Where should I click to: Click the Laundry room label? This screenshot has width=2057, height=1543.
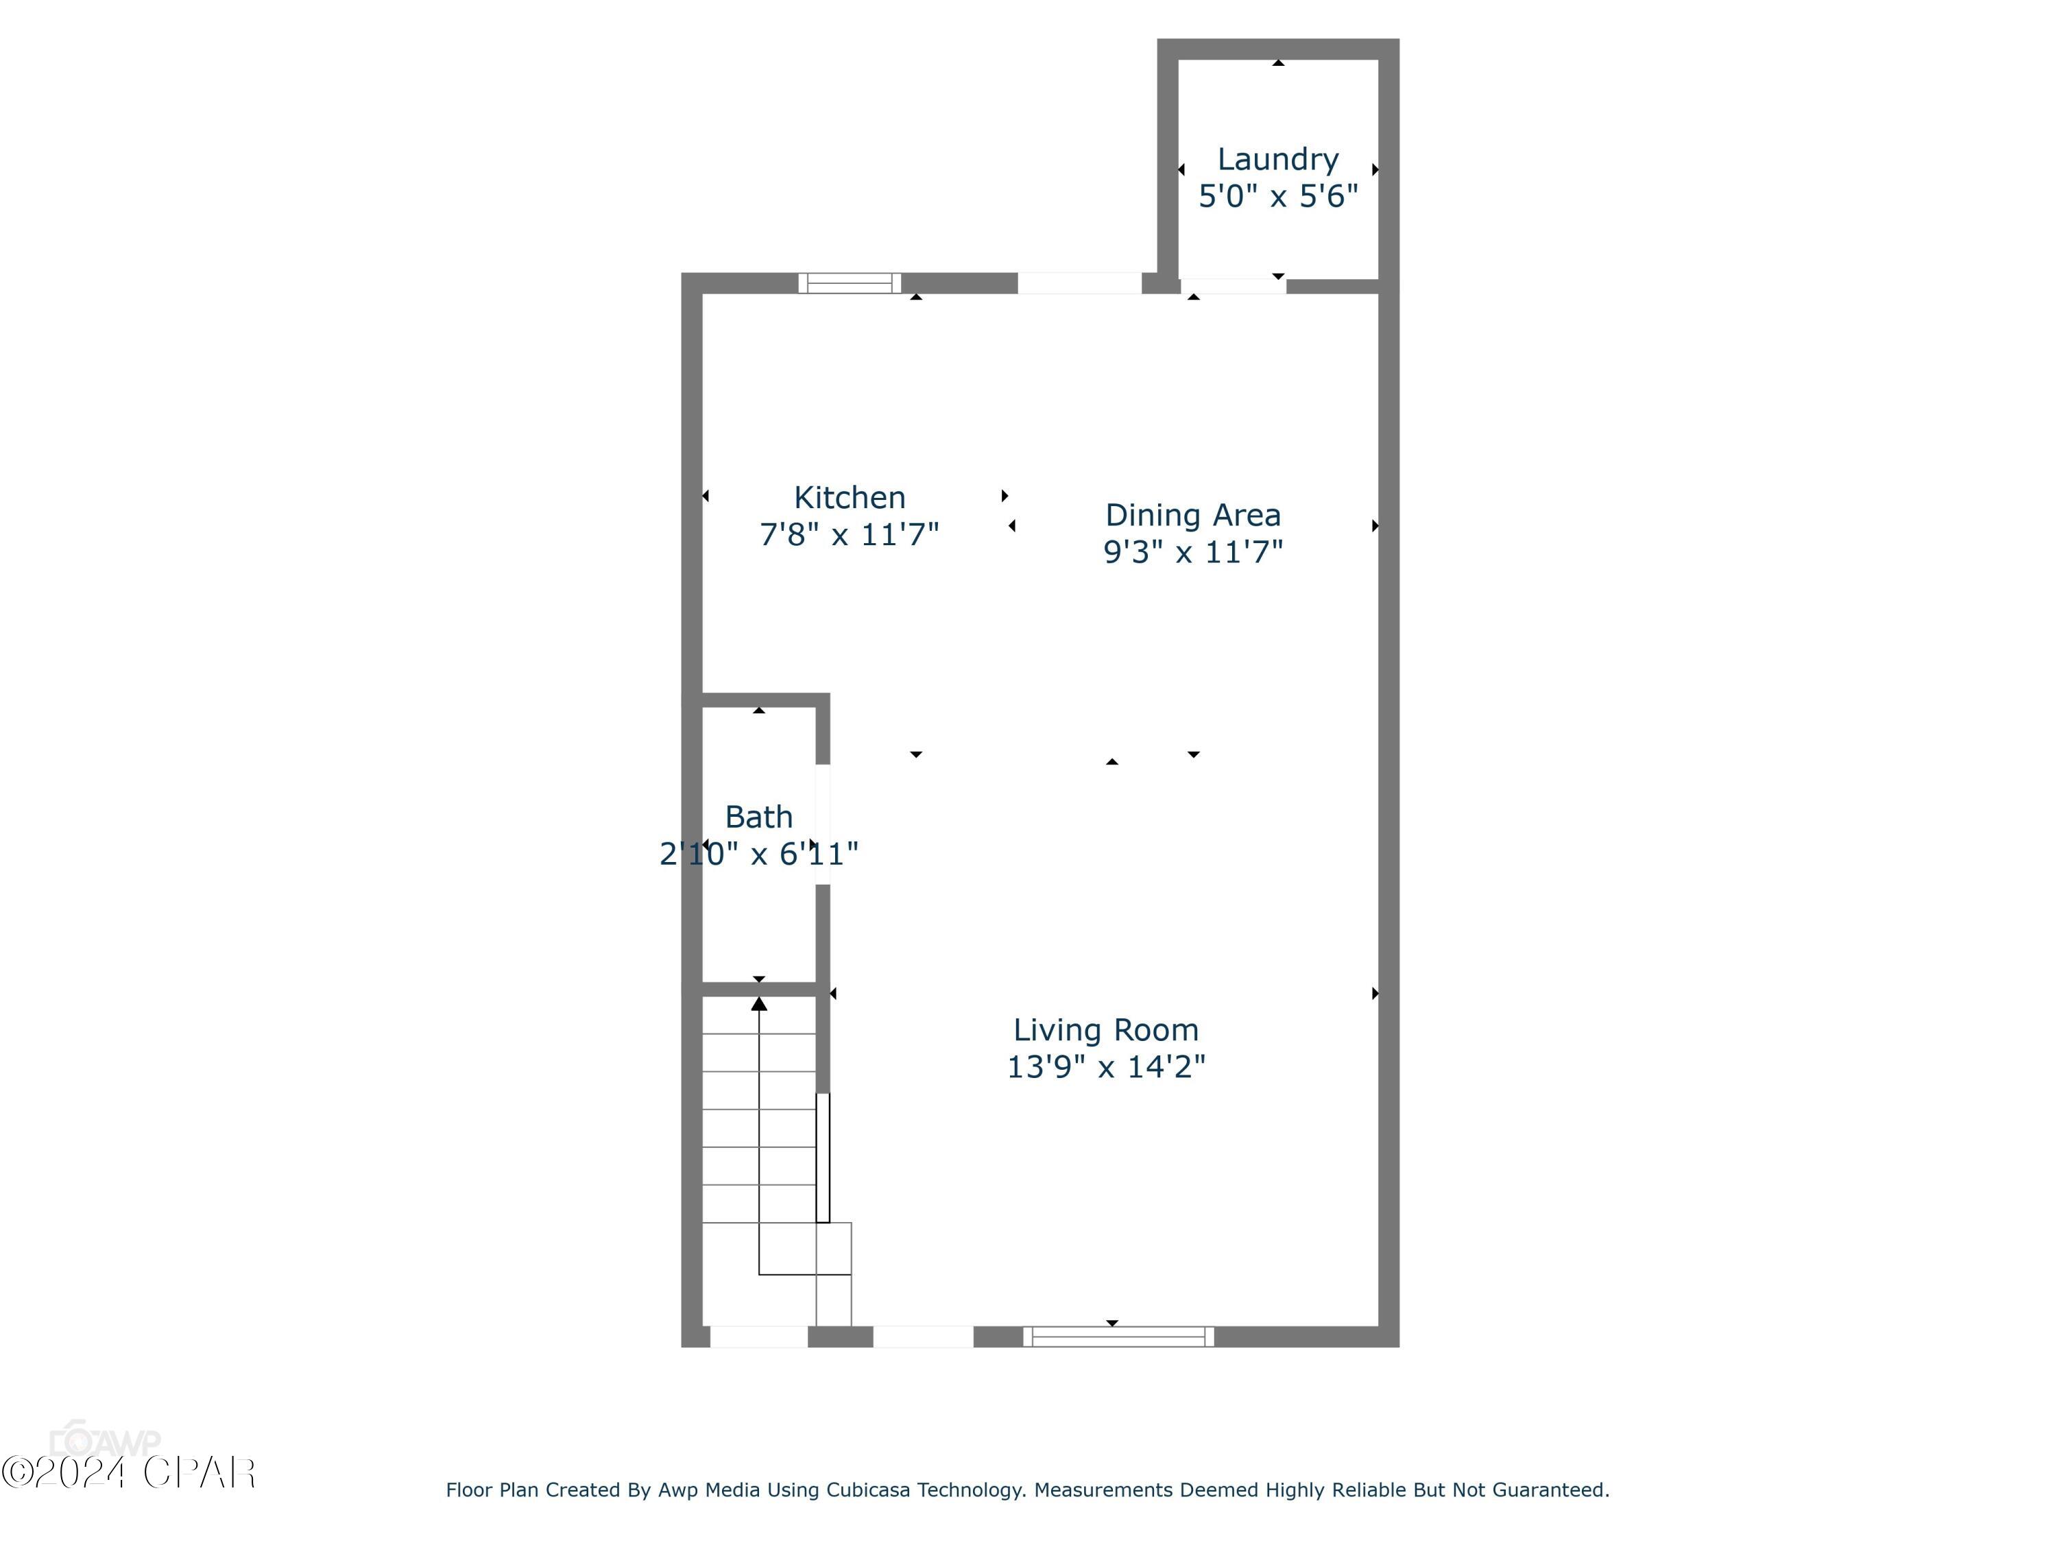[1277, 160]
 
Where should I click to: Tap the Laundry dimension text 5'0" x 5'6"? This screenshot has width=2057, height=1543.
[1277, 196]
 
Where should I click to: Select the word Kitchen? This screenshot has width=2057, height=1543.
[849, 498]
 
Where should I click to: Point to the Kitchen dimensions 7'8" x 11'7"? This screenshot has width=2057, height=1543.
[849, 535]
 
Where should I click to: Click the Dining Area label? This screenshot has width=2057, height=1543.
[1192, 515]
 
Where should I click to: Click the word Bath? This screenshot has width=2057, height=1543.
[759, 817]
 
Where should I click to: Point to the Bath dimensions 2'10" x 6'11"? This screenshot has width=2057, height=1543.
[759, 854]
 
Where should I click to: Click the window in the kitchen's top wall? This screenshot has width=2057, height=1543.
[849, 283]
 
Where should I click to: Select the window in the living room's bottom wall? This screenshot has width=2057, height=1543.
[1118, 1337]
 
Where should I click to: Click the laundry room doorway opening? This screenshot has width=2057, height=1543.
[1233, 285]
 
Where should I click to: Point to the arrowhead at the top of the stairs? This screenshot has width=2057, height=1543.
[759, 1003]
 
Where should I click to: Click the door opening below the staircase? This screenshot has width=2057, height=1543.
[759, 1337]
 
